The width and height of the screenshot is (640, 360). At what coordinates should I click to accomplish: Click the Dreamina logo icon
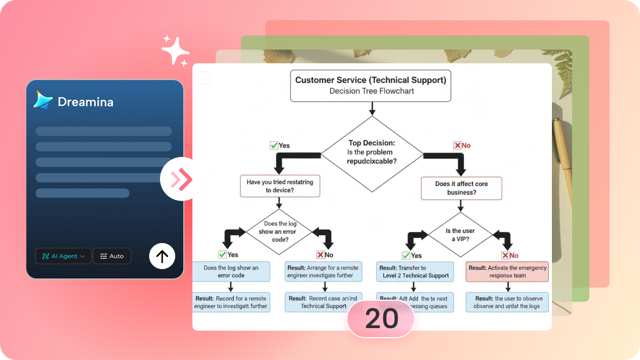pos(43,100)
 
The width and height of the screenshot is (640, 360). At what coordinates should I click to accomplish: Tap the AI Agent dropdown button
pos(63,256)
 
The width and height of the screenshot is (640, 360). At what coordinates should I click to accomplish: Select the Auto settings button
pos(112,256)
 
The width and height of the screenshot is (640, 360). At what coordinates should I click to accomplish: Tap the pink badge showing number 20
pos(381,319)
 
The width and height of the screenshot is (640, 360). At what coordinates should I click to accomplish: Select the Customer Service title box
pos(370,86)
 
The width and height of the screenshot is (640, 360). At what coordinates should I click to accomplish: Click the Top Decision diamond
pos(372,153)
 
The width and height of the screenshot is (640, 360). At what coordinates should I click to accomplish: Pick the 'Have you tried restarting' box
pos(279,186)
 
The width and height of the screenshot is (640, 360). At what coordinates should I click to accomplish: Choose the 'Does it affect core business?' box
pos(461,188)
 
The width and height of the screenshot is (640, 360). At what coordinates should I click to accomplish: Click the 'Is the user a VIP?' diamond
pos(460,234)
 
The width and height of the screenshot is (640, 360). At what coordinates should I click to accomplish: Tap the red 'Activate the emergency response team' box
pos(507,272)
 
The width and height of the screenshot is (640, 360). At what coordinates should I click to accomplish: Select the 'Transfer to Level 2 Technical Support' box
pos(415,272)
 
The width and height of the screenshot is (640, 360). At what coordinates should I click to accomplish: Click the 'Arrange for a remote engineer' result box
pos(323,272)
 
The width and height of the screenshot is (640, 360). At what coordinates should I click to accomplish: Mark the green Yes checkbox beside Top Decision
pos(274,145)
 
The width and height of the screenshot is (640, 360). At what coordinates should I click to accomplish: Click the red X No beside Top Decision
pos(458,145)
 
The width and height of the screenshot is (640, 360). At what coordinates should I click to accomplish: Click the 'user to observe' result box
pos(507,302)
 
